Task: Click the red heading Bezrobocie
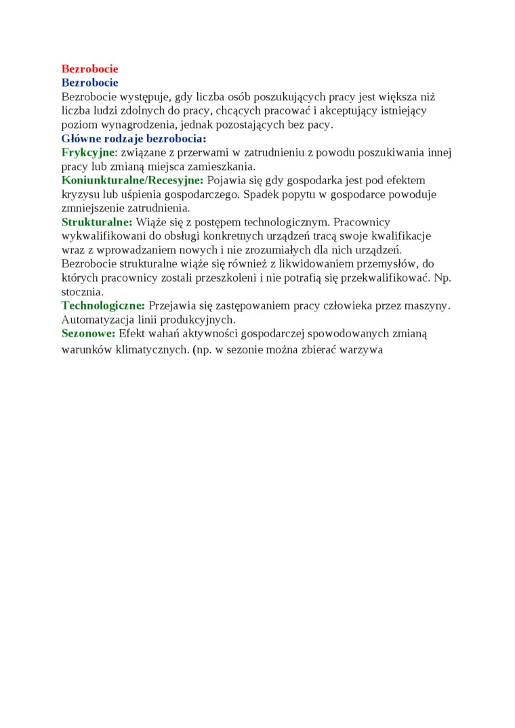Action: coord(89,69)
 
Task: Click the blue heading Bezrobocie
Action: coord(89,83)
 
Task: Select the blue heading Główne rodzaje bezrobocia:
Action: coord(133,138)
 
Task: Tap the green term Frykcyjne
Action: coord(87,152)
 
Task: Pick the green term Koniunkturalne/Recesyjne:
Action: coord(132,180)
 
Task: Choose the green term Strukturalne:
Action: coord(97,222)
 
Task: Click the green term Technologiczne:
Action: coord(103,305)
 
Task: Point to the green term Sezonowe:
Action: coord(88,333)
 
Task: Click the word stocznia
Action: coord(82,292)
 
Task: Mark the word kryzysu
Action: coord(79,194)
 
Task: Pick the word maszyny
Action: coord(430,305)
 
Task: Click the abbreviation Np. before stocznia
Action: coord(442,278)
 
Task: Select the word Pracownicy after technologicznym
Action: coord(362,222)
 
